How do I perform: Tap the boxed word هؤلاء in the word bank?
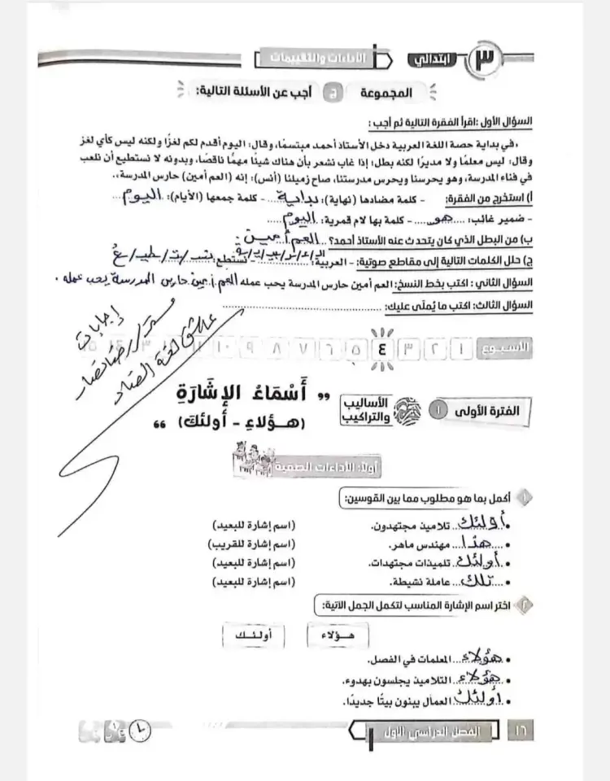(334, 633)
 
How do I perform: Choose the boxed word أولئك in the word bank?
(249, 633)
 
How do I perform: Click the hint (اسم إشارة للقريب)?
(254, 543)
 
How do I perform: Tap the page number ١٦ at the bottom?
(519, 730)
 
